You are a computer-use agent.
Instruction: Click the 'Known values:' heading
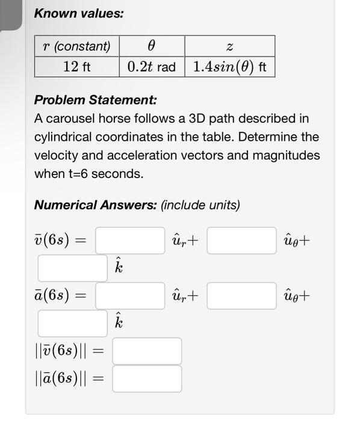point(78,13)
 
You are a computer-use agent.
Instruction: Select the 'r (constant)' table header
point(76,46)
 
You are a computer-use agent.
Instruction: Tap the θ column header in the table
point(151,46)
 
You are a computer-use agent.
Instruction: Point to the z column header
point(229,46)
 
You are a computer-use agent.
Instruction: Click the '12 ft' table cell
point(76,66)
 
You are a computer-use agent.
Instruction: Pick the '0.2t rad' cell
point(151,66)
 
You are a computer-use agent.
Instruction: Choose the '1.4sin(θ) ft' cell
point(229,66)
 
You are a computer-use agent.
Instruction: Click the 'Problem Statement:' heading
point(95,99)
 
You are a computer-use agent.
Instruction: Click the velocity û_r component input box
point(130,241)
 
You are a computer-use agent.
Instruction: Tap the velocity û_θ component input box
point(242,241)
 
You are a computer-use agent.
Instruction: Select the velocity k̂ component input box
point(73,268)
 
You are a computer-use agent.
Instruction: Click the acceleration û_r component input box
point(130,296)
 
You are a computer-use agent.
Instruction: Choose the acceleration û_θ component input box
point(242,296)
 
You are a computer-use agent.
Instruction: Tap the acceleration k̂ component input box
point(73,324)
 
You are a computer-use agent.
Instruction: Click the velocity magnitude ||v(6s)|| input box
point(147,351)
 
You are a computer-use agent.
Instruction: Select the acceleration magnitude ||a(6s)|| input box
point(147,379)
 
